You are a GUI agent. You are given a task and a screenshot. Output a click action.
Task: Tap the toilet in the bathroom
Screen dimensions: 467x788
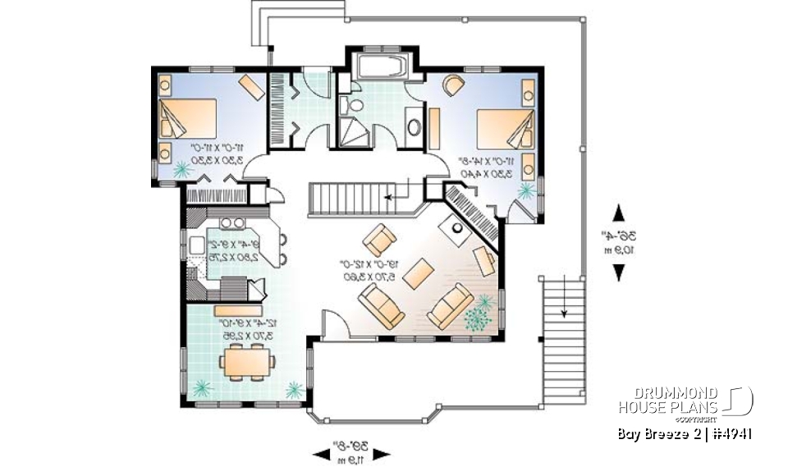(x=356, y=105)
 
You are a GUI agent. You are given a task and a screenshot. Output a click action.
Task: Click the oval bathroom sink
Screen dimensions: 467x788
(x=414, y=127)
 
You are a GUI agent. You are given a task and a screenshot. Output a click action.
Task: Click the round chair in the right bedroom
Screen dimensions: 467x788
(x=452, y=84)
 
